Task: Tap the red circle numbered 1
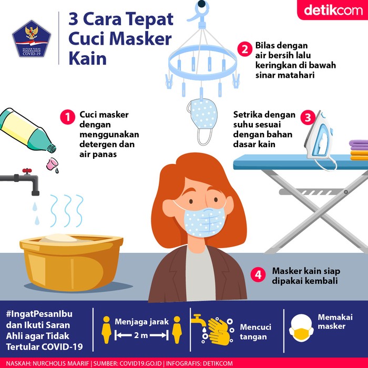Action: tap(67, 117)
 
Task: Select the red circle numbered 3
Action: tap(307, 117)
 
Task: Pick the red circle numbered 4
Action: tap(257, 275)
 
